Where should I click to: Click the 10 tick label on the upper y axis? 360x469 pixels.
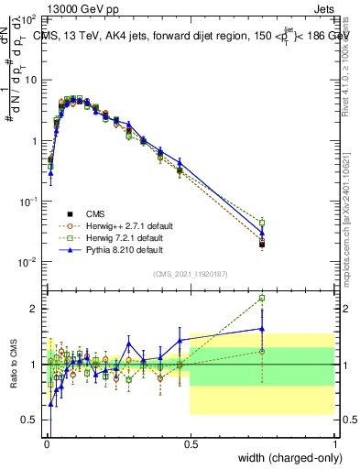32,80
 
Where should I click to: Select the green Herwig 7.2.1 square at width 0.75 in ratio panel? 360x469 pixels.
262,298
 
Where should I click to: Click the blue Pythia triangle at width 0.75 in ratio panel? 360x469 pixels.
262,328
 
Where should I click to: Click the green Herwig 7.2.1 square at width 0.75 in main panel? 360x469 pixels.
262,223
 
